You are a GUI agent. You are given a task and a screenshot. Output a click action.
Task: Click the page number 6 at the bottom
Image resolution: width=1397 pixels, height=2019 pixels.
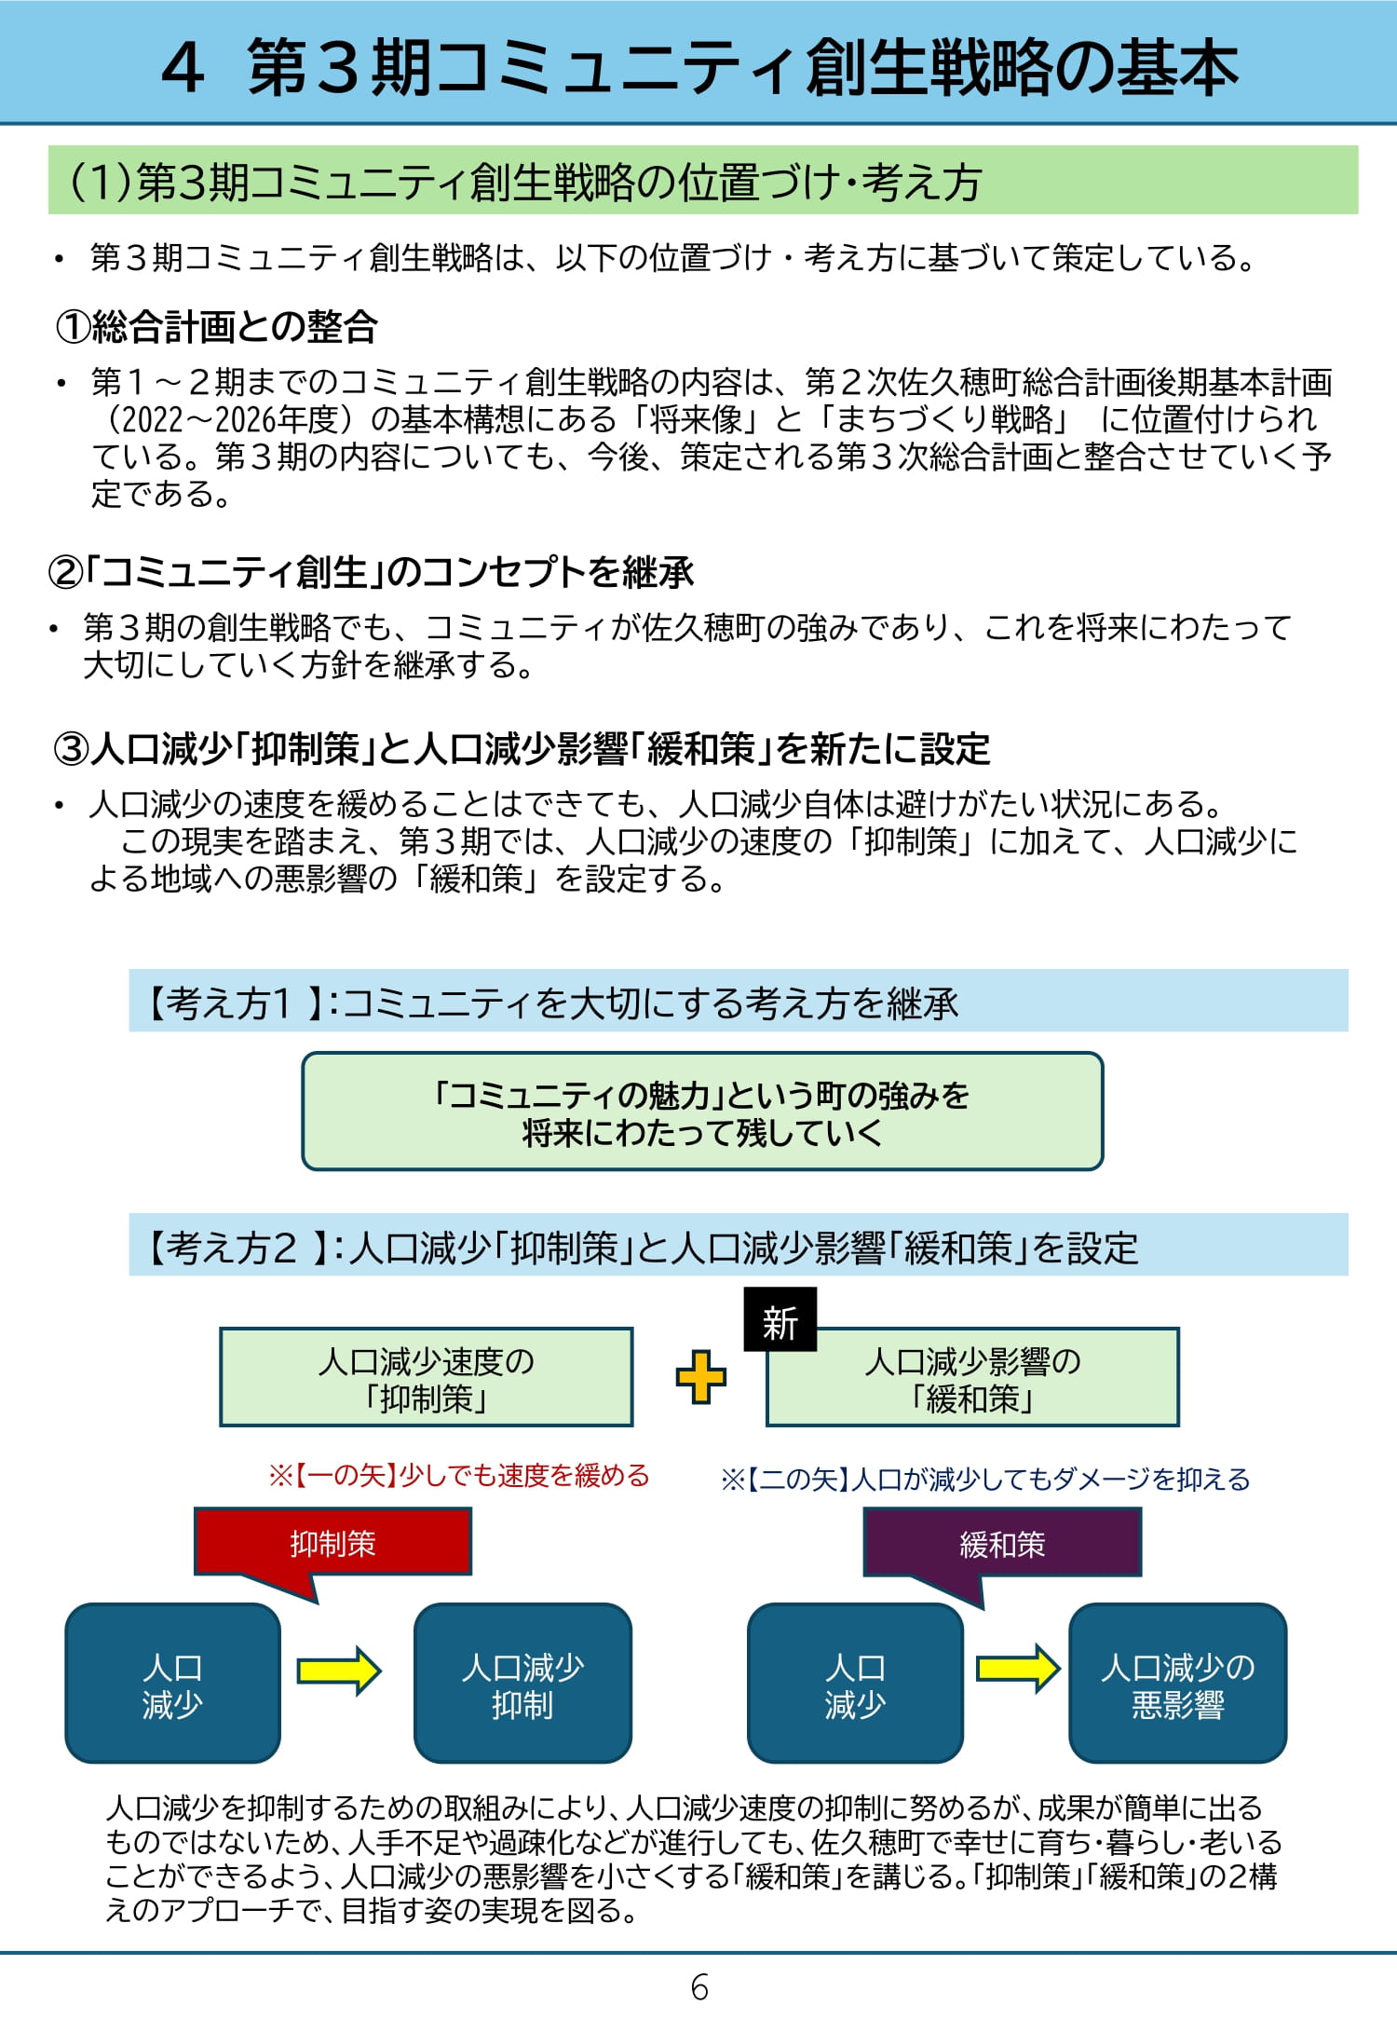point(699,1986)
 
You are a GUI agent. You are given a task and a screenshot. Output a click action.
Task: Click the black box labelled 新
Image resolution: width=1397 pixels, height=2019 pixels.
point(780,1319)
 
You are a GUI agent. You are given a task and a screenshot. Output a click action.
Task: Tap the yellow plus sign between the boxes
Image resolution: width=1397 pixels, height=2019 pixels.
point(700,1376)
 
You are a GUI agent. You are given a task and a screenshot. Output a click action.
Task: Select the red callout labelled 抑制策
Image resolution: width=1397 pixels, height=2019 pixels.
point(332,1543)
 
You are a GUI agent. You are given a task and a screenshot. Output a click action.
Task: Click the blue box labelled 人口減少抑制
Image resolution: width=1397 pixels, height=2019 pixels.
point(522,1683)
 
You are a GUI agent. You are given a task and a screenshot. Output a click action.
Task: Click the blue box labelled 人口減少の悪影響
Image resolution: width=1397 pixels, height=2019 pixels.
point(1177,1683)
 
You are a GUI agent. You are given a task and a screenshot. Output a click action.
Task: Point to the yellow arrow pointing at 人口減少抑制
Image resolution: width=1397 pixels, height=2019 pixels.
point(339,1670)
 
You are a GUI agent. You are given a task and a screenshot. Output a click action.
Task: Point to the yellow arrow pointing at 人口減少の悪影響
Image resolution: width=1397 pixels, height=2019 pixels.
point(1017,1668)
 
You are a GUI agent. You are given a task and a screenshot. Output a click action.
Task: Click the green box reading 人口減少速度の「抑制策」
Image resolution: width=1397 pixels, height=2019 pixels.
point(426,1377)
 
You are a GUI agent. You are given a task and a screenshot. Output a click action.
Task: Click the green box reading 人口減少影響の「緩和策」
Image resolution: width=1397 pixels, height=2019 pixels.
point(972,1377)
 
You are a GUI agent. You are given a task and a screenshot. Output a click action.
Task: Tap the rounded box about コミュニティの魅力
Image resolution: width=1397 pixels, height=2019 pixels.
point(702,1111)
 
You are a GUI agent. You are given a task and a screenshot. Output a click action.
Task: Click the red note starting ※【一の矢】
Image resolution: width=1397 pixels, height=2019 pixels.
point(458,1476)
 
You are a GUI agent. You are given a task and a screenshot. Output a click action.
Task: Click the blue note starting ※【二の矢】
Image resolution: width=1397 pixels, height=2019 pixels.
point(984,1479)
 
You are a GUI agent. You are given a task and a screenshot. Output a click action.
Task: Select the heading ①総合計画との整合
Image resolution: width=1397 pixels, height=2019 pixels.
point(216,326)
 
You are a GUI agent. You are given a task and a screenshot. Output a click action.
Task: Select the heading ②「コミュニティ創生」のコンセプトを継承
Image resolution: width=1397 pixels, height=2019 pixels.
point(371,572)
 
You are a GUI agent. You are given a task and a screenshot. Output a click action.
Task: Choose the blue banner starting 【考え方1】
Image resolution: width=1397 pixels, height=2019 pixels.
point(738,1002)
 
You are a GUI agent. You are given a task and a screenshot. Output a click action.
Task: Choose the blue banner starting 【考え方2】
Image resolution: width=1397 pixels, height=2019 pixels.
point(738,1246)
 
